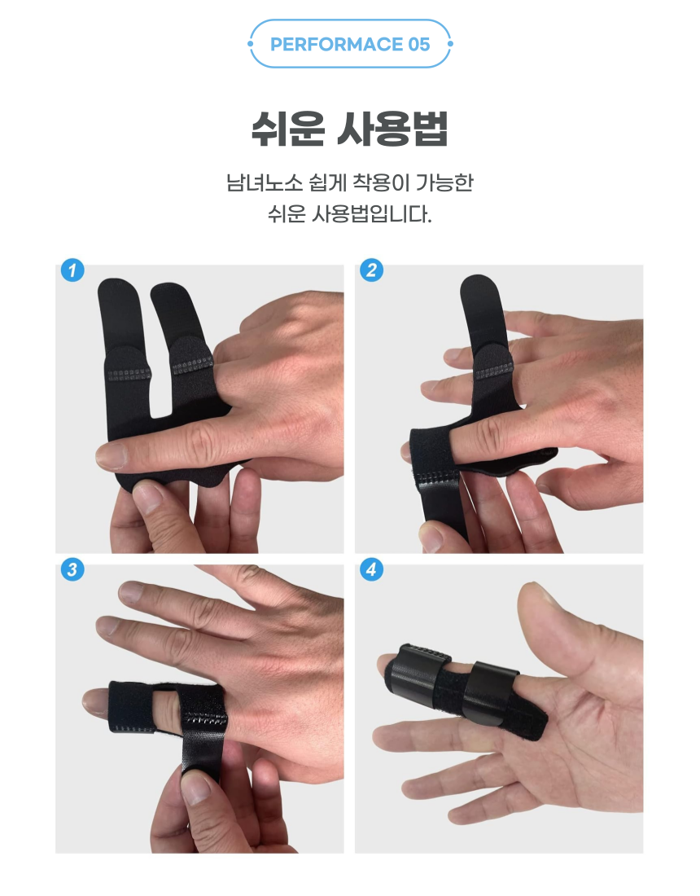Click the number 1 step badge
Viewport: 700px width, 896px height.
coord(72,270)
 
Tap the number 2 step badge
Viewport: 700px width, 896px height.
coord(372,270)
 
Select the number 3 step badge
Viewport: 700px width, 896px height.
coord(72,569)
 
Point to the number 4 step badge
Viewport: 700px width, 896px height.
coord(372,569)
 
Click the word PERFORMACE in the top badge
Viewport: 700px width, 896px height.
coord(336,45)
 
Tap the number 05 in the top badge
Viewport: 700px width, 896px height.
coord(419,45)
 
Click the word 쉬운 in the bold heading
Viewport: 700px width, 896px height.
coord(288,130)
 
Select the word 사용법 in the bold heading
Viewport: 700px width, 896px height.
coord(392,130)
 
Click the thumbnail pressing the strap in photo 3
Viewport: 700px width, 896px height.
coord(196,789)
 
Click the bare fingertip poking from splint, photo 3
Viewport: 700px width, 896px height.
coord(94,702)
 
